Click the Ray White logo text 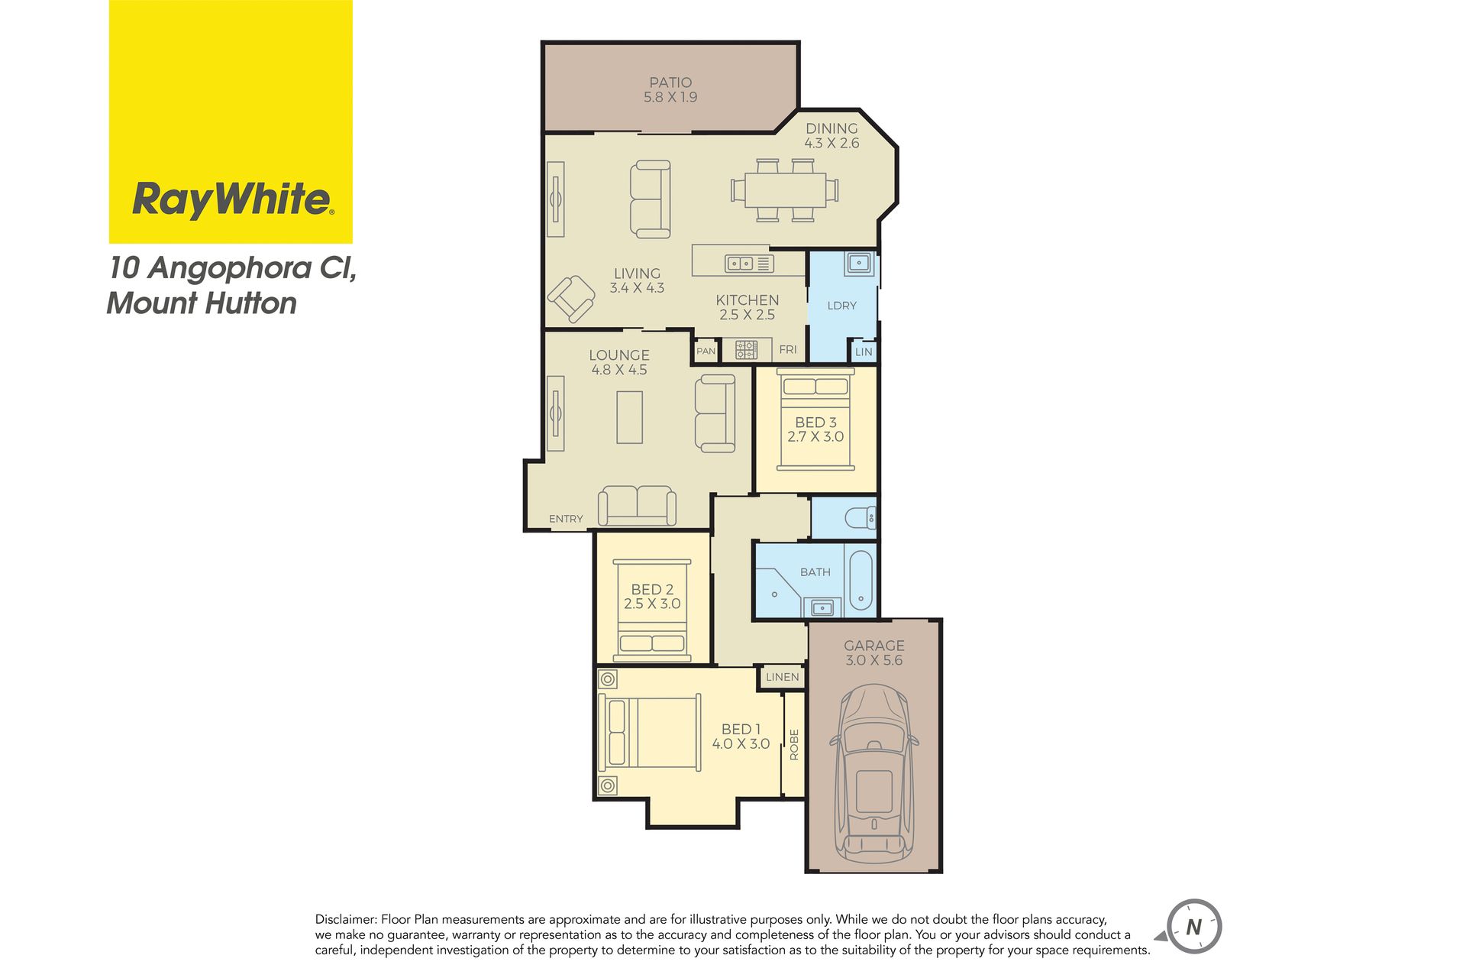click(x=233, y=199)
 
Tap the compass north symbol click(x=1193, y=927)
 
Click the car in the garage click(x=874, y=772)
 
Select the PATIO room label click(x=670, y=82)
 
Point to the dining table click(x=785, y=190)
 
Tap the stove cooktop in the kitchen click(x=746, y=350)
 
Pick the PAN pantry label click(x=706, y=351)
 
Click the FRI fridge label click(x=788, y=349)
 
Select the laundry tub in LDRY click(x=859, y=264)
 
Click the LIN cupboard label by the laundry click(x=864, y=352)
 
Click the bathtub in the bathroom click(x=861, y=580)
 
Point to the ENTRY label click(x=566, y=519)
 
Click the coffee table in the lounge click(x=630, y=417)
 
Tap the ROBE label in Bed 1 click(x=794, y=744)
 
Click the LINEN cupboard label click(x=783, y=677)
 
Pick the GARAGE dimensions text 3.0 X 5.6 click(x=873, y=660)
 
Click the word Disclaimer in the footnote click(x=346, y=919)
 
